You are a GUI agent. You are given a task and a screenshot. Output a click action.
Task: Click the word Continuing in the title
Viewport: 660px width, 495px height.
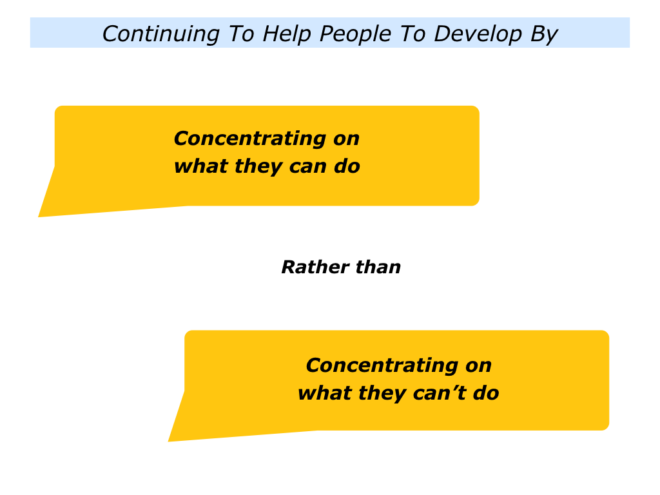pos(160,34)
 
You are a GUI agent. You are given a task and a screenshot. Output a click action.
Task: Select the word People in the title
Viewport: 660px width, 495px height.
pos(355,34)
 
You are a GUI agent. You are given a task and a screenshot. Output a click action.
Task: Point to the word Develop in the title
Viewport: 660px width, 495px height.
pos(478,34)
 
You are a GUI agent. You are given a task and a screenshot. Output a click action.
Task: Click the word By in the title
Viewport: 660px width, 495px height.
pos(544,34)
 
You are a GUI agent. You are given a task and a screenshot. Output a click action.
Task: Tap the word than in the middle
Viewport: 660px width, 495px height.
pos(378,267)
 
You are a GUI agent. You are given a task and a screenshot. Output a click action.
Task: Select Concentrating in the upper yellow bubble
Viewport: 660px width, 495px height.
pos(250,139)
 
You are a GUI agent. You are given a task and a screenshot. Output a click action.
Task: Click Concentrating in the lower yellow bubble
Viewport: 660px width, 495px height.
pos(382,365)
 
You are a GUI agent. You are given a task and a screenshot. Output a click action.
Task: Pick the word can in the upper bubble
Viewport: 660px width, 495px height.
pos(307,166)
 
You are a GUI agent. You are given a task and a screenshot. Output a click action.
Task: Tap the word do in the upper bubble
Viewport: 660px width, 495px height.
pos(347,166)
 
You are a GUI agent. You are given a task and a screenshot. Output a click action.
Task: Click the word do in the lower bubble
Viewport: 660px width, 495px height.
pos(486,393)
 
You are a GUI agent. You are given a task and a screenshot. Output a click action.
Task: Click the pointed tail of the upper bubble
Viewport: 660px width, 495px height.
pos(39,217)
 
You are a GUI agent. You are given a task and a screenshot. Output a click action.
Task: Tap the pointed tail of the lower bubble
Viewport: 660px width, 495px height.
pos(168,441)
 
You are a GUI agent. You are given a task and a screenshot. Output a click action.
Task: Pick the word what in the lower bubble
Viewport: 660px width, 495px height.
pos(325,393)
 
